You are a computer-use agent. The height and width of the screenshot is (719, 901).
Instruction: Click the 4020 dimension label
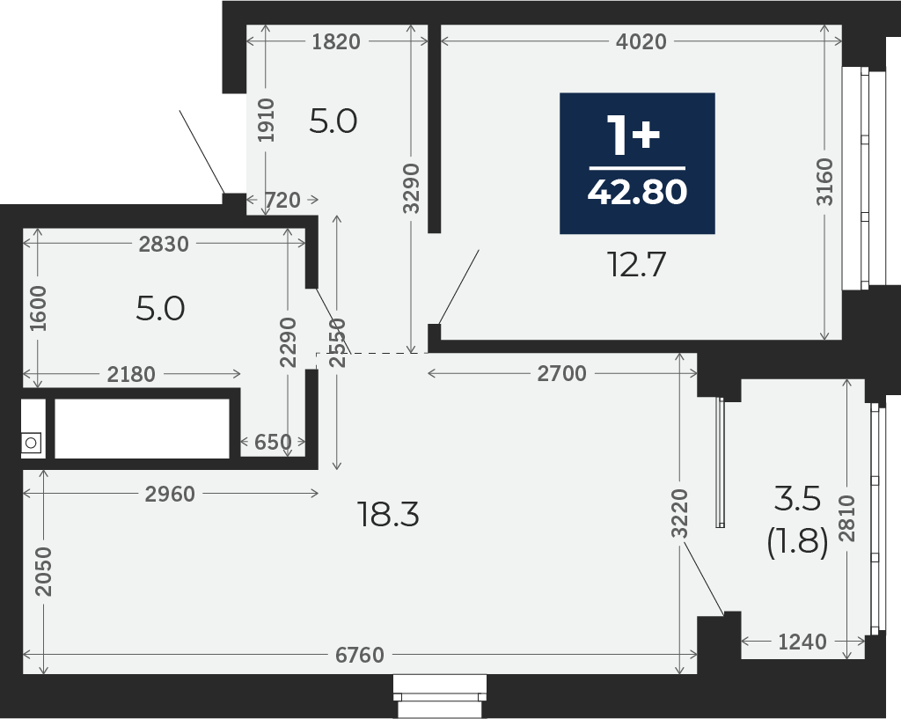[x=641, y=41]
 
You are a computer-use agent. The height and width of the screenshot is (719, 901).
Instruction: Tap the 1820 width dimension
[x=336, y=41]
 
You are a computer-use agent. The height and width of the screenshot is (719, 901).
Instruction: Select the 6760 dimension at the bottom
[x=360, y=655]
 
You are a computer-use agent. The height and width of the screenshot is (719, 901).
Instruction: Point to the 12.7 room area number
[x=637, y=266]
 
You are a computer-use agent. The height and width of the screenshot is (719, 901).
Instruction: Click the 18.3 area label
[x=388, y=514]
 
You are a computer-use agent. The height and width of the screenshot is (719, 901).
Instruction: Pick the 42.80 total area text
[x=637, y=192]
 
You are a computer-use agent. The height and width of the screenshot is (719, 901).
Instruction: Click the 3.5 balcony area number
[x=797, y=498]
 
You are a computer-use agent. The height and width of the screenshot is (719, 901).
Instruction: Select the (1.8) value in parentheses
[x=797, y=542]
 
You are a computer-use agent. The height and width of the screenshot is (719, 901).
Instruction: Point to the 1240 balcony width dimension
[x=802, y=642]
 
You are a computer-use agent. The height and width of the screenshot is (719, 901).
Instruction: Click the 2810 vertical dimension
[x=847, y=518]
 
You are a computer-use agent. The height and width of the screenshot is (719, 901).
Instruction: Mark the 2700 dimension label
[x=562, y=374]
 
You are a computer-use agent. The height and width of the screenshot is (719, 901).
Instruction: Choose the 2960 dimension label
[x=170, y=494]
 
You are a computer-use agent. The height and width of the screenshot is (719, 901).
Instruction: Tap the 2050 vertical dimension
[x=43, y=571]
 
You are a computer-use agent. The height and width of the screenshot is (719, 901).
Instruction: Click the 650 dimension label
[x=273, y=442]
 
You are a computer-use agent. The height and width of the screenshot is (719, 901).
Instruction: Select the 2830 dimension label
[x=164, y=245]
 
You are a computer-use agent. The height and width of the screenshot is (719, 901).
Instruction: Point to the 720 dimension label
[x=282, y=200]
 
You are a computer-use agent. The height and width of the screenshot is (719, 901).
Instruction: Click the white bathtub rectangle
[x=142, y=429]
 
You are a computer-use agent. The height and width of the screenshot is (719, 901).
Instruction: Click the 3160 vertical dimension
[x=824, y=181]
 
